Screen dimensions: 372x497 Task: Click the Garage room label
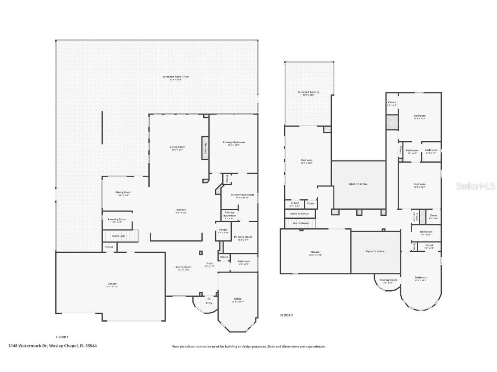pos(112,284)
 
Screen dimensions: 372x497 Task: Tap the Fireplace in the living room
pos(205,148)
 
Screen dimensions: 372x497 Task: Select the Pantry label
pos(223,230)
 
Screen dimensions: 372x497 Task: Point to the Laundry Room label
pos(117,219)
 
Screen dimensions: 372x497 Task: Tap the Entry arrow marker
pos(209,298)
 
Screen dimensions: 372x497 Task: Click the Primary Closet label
pos(243,237)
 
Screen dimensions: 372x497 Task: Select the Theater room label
pos(315,252)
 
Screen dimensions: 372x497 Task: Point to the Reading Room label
pos(388,280)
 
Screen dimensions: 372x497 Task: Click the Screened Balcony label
pos(308,92)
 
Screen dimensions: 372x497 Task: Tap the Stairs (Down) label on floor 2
pos(301,223)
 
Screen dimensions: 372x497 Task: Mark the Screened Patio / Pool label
pos(176,77)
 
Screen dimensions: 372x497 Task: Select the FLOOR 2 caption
pos(286,315)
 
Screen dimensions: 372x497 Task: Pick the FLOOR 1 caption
pos(62,337)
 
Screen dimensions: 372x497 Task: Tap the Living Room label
pos(177,147)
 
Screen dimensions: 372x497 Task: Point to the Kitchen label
pos(182,210)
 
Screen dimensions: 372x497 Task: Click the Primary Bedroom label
pos(233,143)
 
